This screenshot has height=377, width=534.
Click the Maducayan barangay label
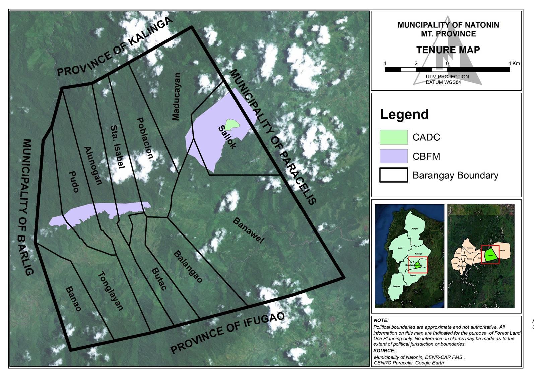(176, 97)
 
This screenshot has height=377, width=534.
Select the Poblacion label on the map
(145, 138)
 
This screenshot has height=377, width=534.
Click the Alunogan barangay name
(93, 166)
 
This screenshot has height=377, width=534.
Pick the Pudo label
(74, 182)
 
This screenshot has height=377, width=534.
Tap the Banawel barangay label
(248, 230)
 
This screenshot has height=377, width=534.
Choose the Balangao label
(188, 266)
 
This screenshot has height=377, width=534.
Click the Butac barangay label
(159, 279)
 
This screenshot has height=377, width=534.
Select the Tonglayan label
(111, 291)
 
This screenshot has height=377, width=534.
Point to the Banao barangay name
(73, 299)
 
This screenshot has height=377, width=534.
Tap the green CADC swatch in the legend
(394, 137)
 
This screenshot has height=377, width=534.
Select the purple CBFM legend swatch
(394, 156)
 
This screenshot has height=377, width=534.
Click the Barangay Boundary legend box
(394, 175)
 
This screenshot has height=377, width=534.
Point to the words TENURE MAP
(448, 50)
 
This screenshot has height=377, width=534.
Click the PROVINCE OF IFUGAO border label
(228, 333)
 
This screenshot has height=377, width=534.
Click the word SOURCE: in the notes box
(384, 351)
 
